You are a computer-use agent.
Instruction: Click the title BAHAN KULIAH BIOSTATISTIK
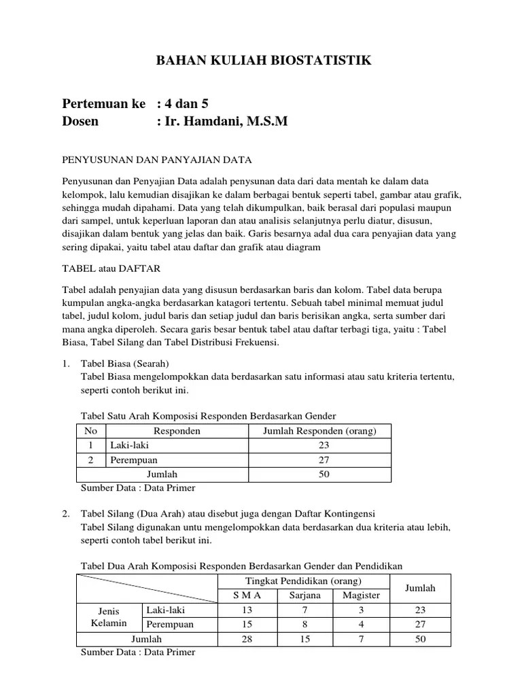pos(264,61)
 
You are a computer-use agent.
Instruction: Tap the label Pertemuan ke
pos(104,104)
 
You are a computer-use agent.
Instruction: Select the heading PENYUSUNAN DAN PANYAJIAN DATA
pos(157,160)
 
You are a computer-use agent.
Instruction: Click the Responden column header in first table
pos(177,432)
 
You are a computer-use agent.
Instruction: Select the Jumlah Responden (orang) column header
pos(319,432)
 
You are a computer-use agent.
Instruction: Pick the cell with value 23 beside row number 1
pos(324,446)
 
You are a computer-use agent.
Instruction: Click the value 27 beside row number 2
pos(324,460)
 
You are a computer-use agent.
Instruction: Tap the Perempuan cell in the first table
pos(134,460)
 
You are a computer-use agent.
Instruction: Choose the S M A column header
pos(247,595)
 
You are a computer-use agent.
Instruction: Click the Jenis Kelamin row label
pos(109,617)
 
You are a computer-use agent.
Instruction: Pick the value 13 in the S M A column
pos(247,610)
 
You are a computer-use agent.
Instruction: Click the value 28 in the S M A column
pos(247,639)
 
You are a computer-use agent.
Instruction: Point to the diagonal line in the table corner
pos(147,588)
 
